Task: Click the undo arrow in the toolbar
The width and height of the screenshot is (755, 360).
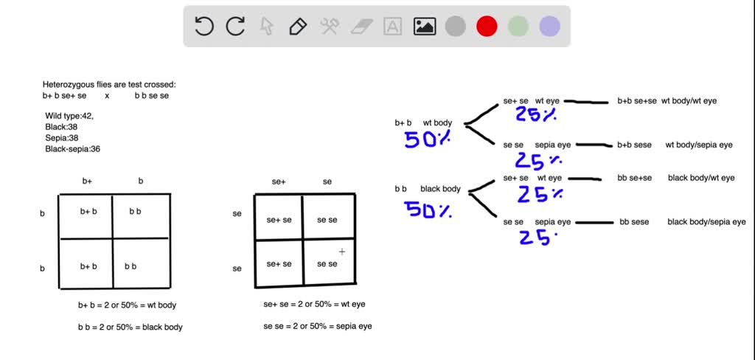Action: [204, 26]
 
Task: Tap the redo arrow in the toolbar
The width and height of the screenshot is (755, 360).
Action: [235, 26]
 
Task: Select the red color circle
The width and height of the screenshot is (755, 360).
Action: [487, 26]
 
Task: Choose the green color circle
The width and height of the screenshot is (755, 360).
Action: [518, 26]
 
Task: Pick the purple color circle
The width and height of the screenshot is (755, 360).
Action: [549, 26]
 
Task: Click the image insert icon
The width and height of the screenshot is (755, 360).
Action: [424, 26]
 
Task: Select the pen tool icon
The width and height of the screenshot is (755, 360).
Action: [298, 26]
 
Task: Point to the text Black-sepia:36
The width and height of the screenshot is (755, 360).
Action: [73, 149]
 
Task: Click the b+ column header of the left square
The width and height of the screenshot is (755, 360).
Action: [87, 181]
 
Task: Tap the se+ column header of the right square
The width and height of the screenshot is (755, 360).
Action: [279, 182]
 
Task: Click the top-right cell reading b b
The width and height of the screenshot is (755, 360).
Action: [136, 211]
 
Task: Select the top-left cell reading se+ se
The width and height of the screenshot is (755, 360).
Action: [279, 220]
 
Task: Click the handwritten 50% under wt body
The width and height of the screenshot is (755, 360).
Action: [428, 139]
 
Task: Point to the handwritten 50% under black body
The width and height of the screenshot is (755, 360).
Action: [428, 210]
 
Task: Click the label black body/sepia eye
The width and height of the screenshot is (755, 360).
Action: [706, 222]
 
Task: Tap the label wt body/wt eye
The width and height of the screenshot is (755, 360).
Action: [689, 101]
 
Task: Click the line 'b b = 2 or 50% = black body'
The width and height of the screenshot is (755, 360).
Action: [130, 328]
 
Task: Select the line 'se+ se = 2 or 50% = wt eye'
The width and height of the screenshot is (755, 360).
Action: [314, 304]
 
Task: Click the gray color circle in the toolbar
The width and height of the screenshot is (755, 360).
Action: [456, 26]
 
